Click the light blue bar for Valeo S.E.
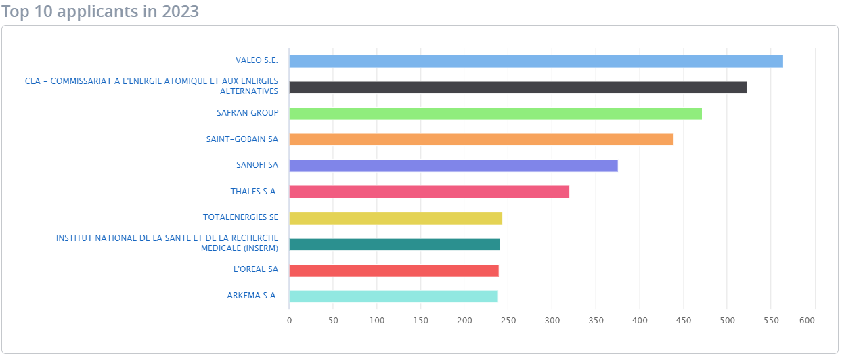pos(535,62)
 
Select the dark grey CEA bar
pos(517,87)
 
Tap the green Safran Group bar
pos(495,114)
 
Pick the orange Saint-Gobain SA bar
pos(481,139)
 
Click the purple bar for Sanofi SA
pos(453,166)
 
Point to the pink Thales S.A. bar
pos(428,192)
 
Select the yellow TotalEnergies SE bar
pos(395,218)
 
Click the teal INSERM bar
pos(394,244)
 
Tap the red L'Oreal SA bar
pos(393,271)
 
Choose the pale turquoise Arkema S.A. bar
pos(393,296)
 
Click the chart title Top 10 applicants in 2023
pos(100,12)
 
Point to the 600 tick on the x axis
pos(806,321)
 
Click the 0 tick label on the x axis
pos(289,321)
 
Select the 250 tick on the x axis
pos(508,321)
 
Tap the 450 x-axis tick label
pos(684,321)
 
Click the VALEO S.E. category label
pos(257,61)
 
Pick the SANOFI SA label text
pos(257,165)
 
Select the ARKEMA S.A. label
pos(252,296)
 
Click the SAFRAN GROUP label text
pos(247,113)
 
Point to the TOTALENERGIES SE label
pos(240,217)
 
